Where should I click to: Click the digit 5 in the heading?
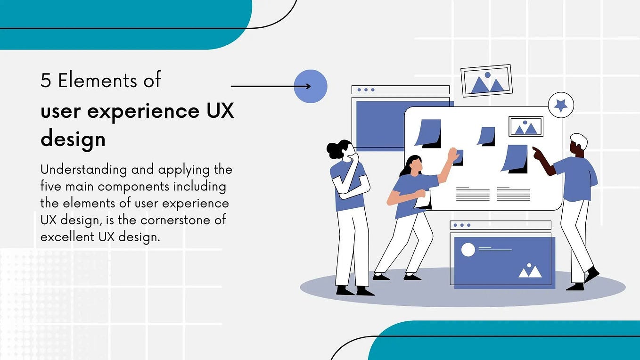(x=46, y=81)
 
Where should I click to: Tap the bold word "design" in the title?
(x=73, y=139)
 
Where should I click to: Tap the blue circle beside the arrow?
(x=311, y=86)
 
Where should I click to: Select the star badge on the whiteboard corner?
(x=561, y=105)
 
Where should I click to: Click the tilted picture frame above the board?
(x=487, y=81)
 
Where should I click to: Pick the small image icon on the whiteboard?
(x=525, y=127)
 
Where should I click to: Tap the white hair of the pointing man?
(x=579, y=140)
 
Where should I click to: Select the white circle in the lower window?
(x=468, y=250)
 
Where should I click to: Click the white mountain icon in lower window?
(x=530, y=271)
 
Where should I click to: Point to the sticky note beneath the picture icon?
(x=515, y=158)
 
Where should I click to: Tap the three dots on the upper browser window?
(x=366, y=90)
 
